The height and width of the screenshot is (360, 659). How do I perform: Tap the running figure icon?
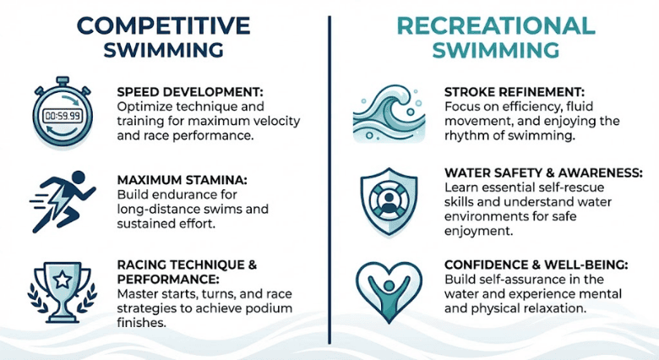click(x=60, y=200)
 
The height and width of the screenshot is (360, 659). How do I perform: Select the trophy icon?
click(x=60, y=288)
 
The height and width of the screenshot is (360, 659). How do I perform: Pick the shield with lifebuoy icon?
click(x=384, y=201)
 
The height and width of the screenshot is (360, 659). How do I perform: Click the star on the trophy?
click(x=60, y=278)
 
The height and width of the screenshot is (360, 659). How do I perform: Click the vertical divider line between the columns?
click(x=329, y=169)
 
